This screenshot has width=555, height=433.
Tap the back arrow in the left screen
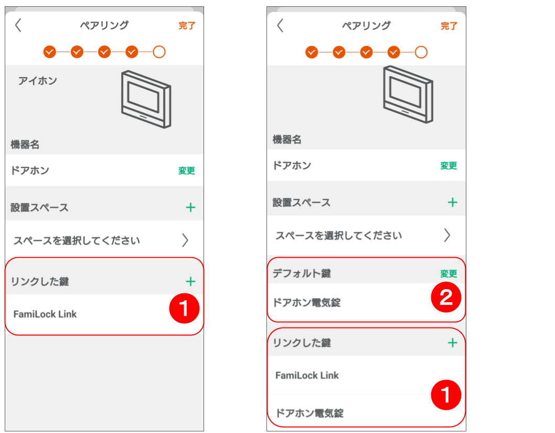18,25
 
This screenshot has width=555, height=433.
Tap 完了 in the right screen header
449,26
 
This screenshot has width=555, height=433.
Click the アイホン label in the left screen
38,81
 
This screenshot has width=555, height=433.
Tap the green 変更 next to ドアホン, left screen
186,171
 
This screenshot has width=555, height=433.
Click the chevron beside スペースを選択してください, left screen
185,240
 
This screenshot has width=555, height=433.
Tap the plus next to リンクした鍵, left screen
190,281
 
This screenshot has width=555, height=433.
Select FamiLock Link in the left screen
45,314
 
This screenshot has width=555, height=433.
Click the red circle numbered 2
445,298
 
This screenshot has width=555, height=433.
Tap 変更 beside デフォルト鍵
449,273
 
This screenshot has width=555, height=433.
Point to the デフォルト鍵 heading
302,273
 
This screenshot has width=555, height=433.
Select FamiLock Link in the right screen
307,375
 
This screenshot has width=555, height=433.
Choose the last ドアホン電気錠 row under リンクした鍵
309,413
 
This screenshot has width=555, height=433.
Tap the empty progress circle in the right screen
421,52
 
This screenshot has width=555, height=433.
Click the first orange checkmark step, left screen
49,51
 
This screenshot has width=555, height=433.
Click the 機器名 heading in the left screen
25,144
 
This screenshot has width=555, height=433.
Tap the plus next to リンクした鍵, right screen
452,343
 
